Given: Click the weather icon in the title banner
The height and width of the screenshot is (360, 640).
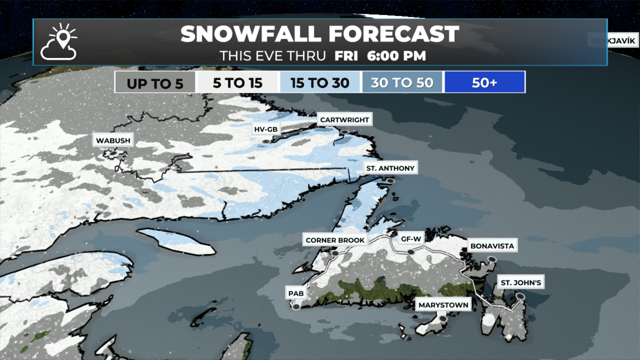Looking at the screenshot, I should (x=59, y=42).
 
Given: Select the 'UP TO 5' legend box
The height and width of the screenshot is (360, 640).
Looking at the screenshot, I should (x=155, y=82).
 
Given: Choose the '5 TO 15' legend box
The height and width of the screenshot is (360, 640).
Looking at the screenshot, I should (x=238, y=82).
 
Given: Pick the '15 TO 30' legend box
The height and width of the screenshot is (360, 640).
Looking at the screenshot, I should (x=320, y=82).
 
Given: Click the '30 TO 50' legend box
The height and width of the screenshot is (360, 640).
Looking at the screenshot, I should (x=402, y=82).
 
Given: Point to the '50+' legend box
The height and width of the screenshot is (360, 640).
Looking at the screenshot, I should (x=485, y=82).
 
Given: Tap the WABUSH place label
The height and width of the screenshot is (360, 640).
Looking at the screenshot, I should (x=113, y=140).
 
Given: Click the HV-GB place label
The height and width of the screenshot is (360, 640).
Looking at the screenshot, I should (x=266, y=129).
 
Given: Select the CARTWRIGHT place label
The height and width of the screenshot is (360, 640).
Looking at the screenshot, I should (x=344, y=120).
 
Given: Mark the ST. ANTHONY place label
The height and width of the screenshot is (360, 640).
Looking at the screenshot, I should (x=390, y=168).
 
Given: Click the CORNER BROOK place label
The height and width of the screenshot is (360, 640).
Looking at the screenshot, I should (x=335, y=240).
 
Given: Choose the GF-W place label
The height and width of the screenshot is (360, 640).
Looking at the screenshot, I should (x=411, y=239).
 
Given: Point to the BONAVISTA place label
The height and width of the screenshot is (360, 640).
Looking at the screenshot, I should (x=492, y=246).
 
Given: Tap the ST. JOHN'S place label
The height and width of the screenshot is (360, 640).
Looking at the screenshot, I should (x=521, y=282).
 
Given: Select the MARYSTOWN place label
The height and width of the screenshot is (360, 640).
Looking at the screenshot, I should (x=443, y=305).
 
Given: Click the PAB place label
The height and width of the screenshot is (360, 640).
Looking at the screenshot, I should (x=296, y=293).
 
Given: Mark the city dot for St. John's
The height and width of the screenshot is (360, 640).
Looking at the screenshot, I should (x=520, y=296).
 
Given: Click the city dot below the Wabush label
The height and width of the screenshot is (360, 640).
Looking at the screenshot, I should (x=114, y=153).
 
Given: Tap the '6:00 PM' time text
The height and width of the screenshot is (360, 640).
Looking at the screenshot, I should (x=396, y=56).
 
